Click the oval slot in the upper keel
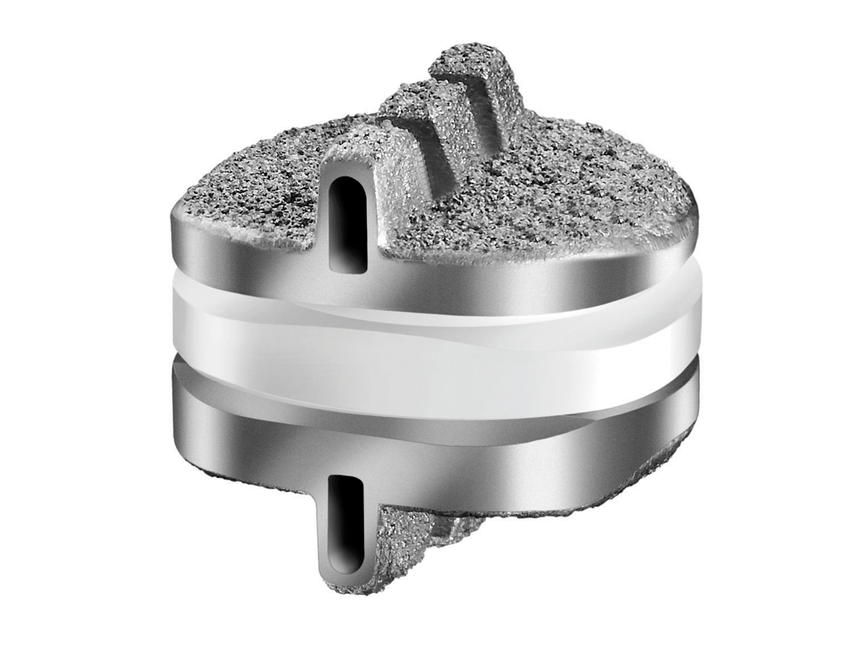[349, 224]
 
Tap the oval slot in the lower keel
[349, 524]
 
